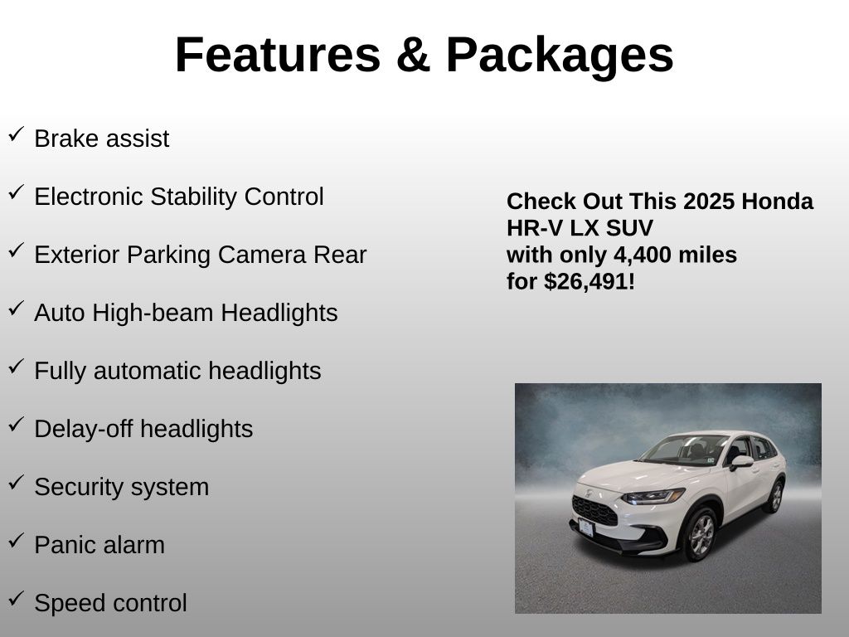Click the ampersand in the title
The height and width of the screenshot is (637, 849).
(x=413, y=55)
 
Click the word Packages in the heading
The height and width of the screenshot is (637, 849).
(x=560, y=56)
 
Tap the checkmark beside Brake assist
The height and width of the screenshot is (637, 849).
(x=17, y=134)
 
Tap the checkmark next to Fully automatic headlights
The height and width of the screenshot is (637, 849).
(x=17, y=366)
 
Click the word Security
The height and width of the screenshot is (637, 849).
(x=79, y=487)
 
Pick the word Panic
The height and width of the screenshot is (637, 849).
(x=65, y=544)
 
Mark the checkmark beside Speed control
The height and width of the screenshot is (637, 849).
(x=17, y=599)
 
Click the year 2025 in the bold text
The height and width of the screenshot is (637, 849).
(x=709, y=202)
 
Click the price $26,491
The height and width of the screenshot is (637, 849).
(x=586, y=282)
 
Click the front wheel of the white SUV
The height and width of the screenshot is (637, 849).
(x=701, y=534)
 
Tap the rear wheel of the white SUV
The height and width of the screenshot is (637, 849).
(x=776, y=496)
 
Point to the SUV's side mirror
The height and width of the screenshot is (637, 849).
(x=741, y=463)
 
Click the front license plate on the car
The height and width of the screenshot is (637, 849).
(x=586, y=527)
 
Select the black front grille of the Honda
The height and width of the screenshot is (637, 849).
(x=594, y=510)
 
